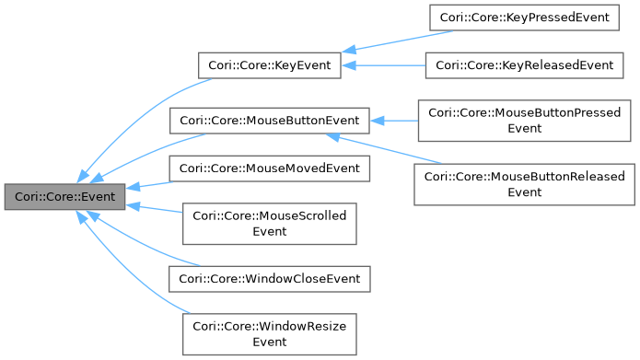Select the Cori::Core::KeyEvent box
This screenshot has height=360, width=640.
coord(270,65)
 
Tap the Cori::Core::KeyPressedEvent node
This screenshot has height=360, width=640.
coord(524,17)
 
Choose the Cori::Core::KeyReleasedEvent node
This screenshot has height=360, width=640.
coord(524,65)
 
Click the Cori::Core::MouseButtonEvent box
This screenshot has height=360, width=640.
coord(270,120)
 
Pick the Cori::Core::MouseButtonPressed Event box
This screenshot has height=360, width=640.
coord(524,120)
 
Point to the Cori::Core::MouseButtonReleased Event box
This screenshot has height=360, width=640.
coord(524,184)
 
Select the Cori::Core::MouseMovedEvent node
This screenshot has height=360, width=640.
coord(270,168)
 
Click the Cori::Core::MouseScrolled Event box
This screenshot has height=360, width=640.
coord(270,223)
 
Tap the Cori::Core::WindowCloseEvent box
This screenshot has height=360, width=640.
coord(270,277)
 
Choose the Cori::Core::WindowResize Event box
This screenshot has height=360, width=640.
coord(270,332)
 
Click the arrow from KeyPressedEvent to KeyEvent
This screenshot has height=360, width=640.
coord(396,42)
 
